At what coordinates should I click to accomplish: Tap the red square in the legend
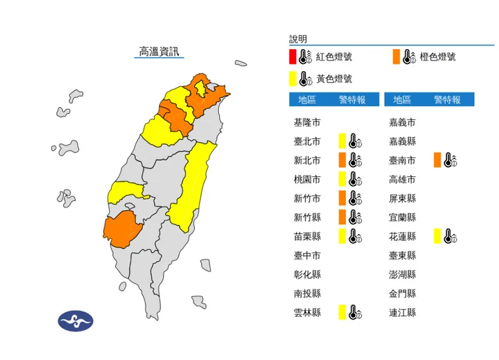293,57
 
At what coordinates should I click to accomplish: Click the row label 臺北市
307,142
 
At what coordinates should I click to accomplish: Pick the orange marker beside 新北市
341,160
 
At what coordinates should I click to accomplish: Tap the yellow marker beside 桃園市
341,179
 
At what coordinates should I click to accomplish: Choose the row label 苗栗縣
307,236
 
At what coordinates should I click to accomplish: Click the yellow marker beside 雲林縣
341,311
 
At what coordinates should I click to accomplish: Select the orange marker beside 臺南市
436,160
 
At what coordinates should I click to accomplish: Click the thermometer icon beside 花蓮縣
450,236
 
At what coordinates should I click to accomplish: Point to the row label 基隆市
307,123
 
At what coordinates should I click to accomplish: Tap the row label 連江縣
402,311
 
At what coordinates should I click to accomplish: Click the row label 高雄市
402,180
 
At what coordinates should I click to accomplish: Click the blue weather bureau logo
75,321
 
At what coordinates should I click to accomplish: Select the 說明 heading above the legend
298,39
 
